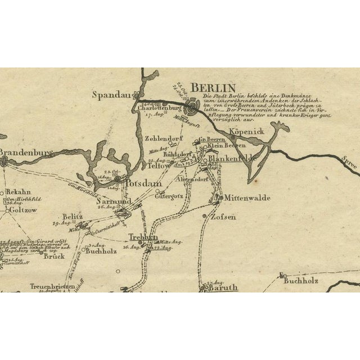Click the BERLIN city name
click(213, 88)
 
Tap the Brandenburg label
click(25, 152)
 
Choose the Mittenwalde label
click(247, 198)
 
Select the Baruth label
click(223, 287)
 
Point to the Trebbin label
click(142, 237)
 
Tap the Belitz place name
click(73, 217)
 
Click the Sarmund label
click(114, 201)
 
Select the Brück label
click(55, 256)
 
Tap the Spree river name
click(349, 164)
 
